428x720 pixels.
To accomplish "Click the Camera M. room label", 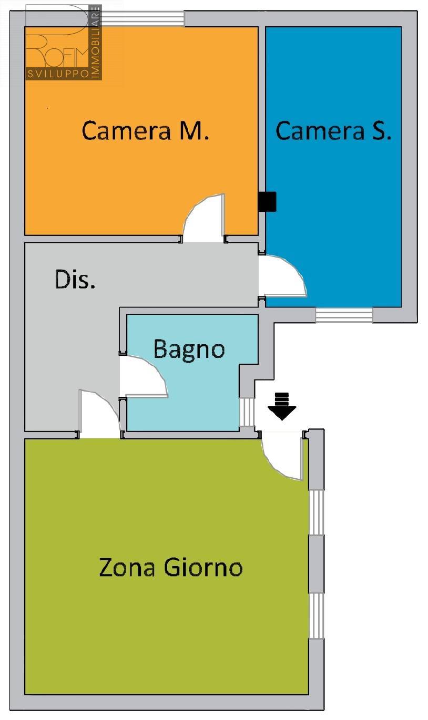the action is coord(145,130).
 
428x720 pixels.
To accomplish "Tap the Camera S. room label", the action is coord(333,130).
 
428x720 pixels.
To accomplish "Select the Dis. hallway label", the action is coord(75,279).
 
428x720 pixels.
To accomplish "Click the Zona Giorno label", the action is coord(171,567).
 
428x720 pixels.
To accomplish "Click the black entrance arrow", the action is coord(282,406).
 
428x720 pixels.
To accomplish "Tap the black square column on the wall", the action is coord(267,201).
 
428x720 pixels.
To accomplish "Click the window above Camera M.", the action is coord(142,18).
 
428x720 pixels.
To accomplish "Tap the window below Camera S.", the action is coord(344,315).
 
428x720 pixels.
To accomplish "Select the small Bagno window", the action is coord(247,413).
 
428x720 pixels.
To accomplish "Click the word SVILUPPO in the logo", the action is coord(58,74).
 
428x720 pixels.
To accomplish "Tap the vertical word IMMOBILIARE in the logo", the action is coord(96,42).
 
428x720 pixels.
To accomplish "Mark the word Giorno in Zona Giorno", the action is coord(203,567).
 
